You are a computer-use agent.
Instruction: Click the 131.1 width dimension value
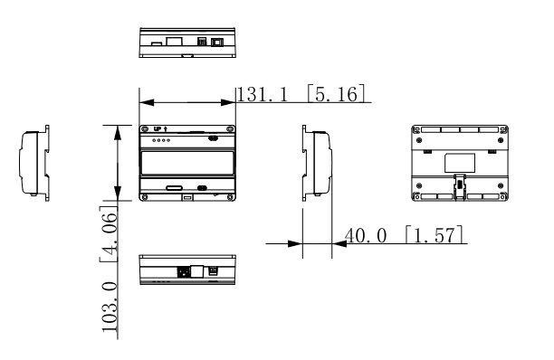click(x=262, y=95)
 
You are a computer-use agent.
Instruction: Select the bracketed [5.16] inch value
click(x=336, y=93)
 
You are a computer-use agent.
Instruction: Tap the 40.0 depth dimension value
click(x=366, y=235)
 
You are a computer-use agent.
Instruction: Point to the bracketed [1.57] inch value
click(x=435, y=234)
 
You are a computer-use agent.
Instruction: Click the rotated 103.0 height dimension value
click(x=110, y=307)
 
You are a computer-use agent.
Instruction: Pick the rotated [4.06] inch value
click(x=108, y=234)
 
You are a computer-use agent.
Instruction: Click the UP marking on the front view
click(x=158, y=129)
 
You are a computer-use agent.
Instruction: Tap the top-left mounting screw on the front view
click(x=144, y=129)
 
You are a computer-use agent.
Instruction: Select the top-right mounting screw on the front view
click(x=230, y=129)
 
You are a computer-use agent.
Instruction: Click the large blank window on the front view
click(x=187, y=163)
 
